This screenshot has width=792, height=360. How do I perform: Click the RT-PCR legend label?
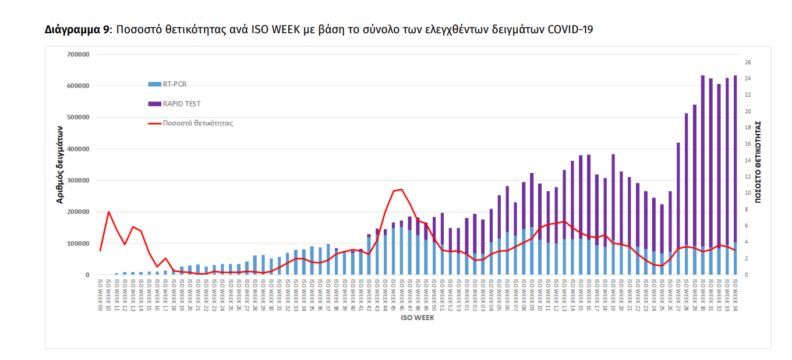(175, 84)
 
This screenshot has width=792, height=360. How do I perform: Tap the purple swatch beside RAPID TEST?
(154, 104)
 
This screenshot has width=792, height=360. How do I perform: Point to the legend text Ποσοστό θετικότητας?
(198, 123)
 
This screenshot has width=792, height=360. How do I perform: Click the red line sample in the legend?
(154, 123)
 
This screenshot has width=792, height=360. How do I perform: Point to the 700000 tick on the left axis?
(77, 54)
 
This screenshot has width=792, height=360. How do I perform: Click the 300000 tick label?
(77, 181)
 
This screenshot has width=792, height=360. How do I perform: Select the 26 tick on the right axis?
(748, 62)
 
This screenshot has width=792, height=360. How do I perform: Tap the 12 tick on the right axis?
(748, 177)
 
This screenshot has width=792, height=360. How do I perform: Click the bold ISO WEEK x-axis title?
(417, 318)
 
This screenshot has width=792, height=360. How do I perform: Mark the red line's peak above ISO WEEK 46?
(401, 189)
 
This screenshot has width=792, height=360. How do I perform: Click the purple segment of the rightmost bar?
(735, 157)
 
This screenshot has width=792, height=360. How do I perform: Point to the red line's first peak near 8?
(108, 212)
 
